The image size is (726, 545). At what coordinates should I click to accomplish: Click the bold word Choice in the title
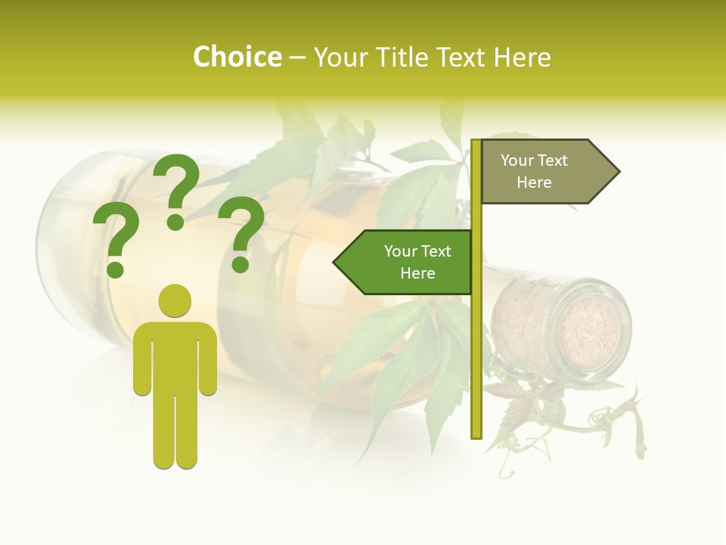point(237,58)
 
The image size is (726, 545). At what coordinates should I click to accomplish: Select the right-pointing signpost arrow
point(548,172)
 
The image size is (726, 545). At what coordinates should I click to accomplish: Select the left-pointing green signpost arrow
point(405,263)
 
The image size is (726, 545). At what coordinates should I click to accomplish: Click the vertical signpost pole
point(476,341)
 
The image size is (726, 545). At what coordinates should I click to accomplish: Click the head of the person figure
point(175,301)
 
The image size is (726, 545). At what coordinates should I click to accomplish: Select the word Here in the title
point(522,58)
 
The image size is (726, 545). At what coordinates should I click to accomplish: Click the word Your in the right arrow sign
point(517,160)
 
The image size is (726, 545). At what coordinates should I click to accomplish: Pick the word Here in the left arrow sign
point(417,273)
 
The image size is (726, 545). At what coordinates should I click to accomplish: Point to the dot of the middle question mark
point(175,222)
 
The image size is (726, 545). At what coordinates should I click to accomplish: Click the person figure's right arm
point(207,363)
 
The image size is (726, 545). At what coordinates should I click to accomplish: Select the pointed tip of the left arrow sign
point(336,263)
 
